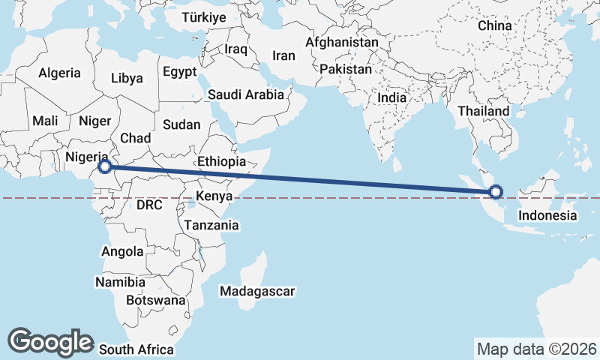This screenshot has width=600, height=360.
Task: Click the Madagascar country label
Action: point(258,291)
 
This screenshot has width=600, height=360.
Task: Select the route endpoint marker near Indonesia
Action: point(495,193)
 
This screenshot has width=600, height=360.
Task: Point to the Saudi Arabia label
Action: point(246,94)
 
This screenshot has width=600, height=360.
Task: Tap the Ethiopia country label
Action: point(221,161)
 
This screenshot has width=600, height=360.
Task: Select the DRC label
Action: point(150,205)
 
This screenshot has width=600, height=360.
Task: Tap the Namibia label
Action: point(120,283)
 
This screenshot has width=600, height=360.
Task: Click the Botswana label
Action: point(155,300)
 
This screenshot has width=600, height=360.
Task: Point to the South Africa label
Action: point(136,349)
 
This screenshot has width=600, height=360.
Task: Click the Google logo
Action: point(50,341)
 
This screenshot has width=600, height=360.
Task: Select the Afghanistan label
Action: point(342,43)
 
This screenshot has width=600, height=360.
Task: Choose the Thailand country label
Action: point(484,111)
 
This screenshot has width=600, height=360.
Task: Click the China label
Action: point(494,25)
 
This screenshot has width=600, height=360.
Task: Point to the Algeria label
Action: point(59,73)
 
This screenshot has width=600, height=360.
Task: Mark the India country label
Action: point(392,97)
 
